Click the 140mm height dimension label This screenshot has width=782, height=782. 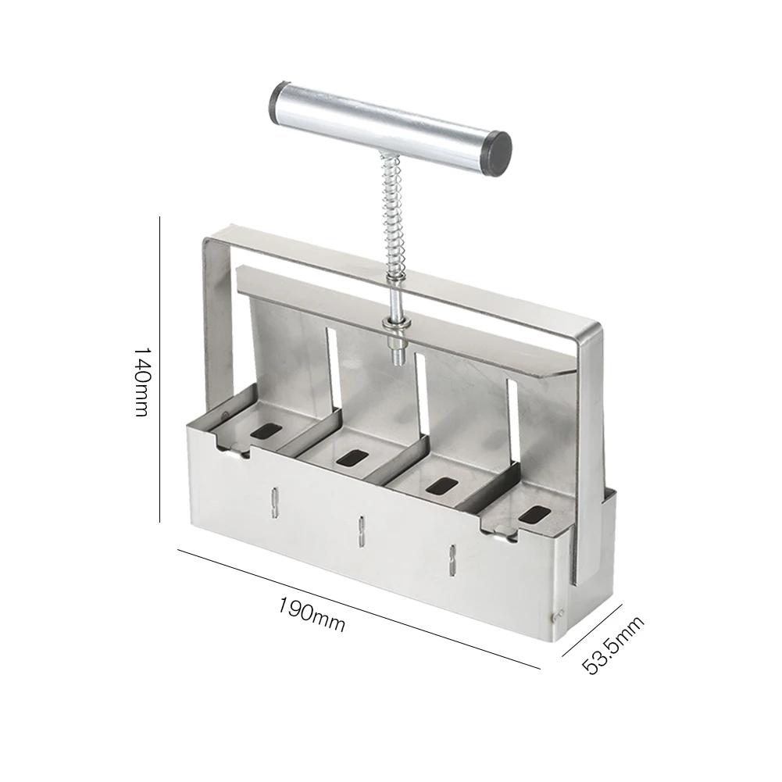141,381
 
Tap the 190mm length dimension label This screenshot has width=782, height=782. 311,614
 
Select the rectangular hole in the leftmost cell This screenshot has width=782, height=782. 266,431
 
